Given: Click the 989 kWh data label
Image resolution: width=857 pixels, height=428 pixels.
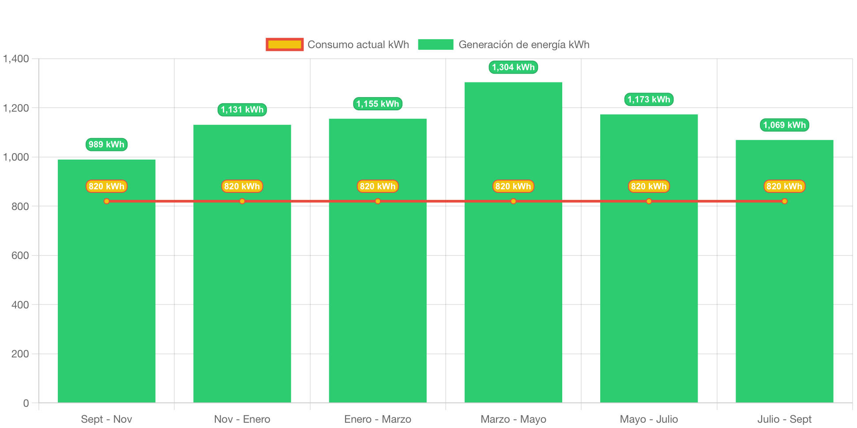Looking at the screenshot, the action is click(x=106, y=144).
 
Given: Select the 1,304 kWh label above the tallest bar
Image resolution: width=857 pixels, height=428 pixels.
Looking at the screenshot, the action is click(x=513, y=67).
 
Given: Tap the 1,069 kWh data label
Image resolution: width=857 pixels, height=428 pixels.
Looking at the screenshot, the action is click(x=784, y=125).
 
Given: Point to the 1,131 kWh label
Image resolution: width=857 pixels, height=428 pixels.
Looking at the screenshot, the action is click(x=242, y=109).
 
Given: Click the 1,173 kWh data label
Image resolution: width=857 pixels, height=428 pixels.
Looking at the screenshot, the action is click(x=649, y=99).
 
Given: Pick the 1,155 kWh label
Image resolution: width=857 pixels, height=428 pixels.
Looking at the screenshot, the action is click(x=378, y=104).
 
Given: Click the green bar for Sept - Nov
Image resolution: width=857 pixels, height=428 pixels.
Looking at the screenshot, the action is click(x=106, y=281).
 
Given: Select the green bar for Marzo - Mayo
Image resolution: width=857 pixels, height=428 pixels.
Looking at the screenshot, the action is click(x=513, y=242).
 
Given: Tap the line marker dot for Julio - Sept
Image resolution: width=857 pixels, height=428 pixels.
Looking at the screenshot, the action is click(x=784, y=201).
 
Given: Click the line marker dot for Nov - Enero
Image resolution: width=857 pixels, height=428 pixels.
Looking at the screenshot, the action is click(x=242, y=201).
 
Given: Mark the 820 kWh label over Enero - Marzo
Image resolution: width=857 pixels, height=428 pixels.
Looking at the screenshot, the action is click(x=378, y=186).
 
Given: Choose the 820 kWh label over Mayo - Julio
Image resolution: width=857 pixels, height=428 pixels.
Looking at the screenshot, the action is click(x=649, y=186).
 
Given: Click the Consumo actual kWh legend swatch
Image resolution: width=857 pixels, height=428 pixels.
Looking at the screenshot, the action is click(x=285, y=45).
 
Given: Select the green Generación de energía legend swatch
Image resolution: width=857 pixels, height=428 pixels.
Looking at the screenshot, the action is click(x=436, y=45).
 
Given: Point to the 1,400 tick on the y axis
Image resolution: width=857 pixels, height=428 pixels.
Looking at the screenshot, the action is click(x=16, y=59).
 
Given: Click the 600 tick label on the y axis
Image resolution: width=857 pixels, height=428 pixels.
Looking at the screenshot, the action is click(x=20, y=255).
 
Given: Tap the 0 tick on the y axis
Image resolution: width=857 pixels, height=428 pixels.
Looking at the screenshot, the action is click(x=26, y=403).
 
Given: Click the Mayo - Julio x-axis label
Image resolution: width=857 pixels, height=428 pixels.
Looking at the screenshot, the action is click(x=649, y=419).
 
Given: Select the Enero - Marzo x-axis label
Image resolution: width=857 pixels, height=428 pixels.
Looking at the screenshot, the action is click(x=378, y=419).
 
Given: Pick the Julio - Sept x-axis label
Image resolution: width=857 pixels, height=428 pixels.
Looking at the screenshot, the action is click(x=784, y=419).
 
